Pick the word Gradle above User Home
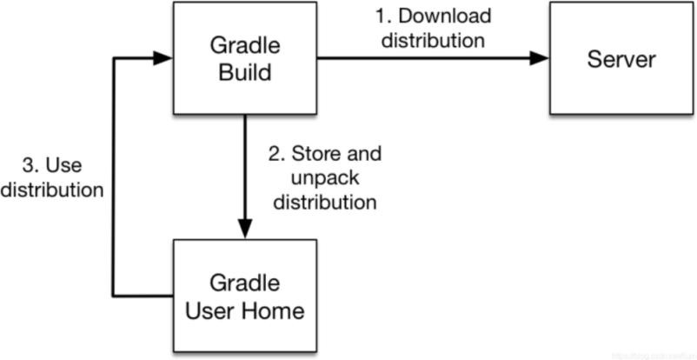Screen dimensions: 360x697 pyautogui.click(x=244, y=283)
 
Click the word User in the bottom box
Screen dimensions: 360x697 pyautogui.click(x=211, y=311)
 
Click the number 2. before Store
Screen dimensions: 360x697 pyautogui.click(x=277, y=154)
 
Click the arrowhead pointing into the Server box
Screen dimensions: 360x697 pyautogui.click(x=540, y=58)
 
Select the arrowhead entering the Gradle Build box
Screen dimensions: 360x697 pyautogui.click(x=163, y=58)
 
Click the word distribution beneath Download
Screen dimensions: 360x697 pyautogui.click(x=433, y=40)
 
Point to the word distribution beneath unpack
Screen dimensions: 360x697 pyautogui.click(x=325, y=202)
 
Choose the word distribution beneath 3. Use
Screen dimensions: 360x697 pyautogui.click(x=52, y=189)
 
